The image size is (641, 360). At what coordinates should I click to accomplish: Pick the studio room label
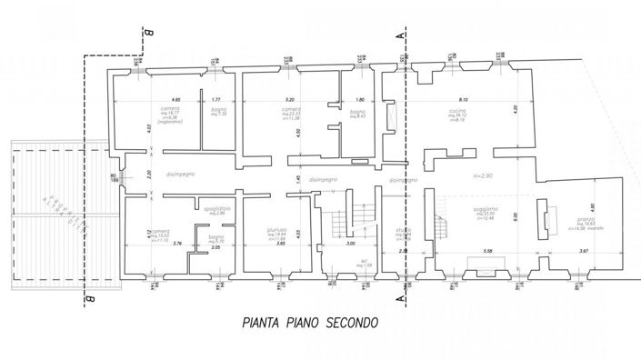point(402,231)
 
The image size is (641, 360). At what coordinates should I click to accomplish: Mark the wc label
point(349,261)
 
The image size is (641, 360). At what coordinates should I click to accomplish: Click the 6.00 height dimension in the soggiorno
point(515,216)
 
